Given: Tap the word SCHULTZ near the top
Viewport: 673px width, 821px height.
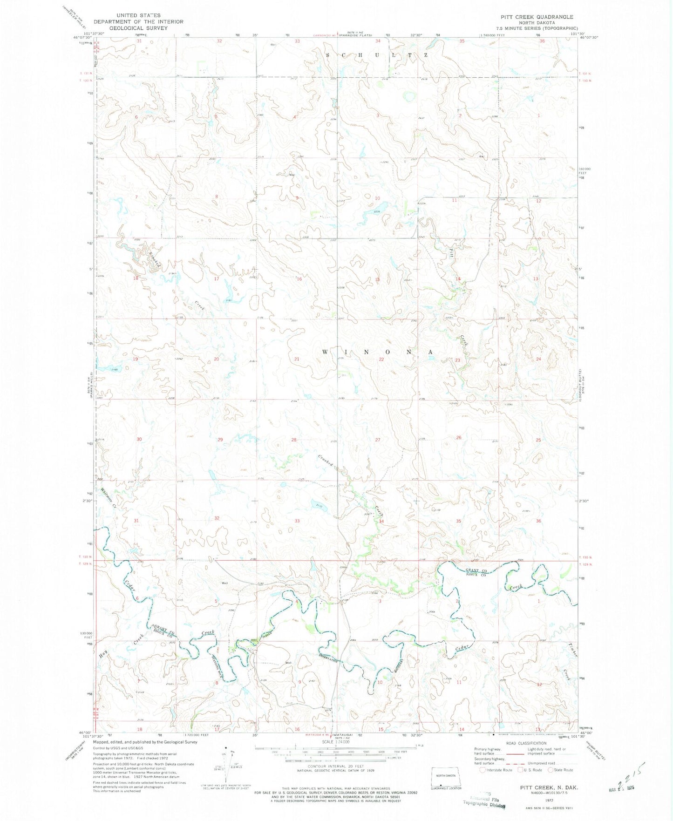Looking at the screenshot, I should [376, 55].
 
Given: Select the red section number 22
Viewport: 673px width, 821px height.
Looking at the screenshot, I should [381, 360].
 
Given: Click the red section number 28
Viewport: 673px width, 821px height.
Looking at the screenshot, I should [294, 440].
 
